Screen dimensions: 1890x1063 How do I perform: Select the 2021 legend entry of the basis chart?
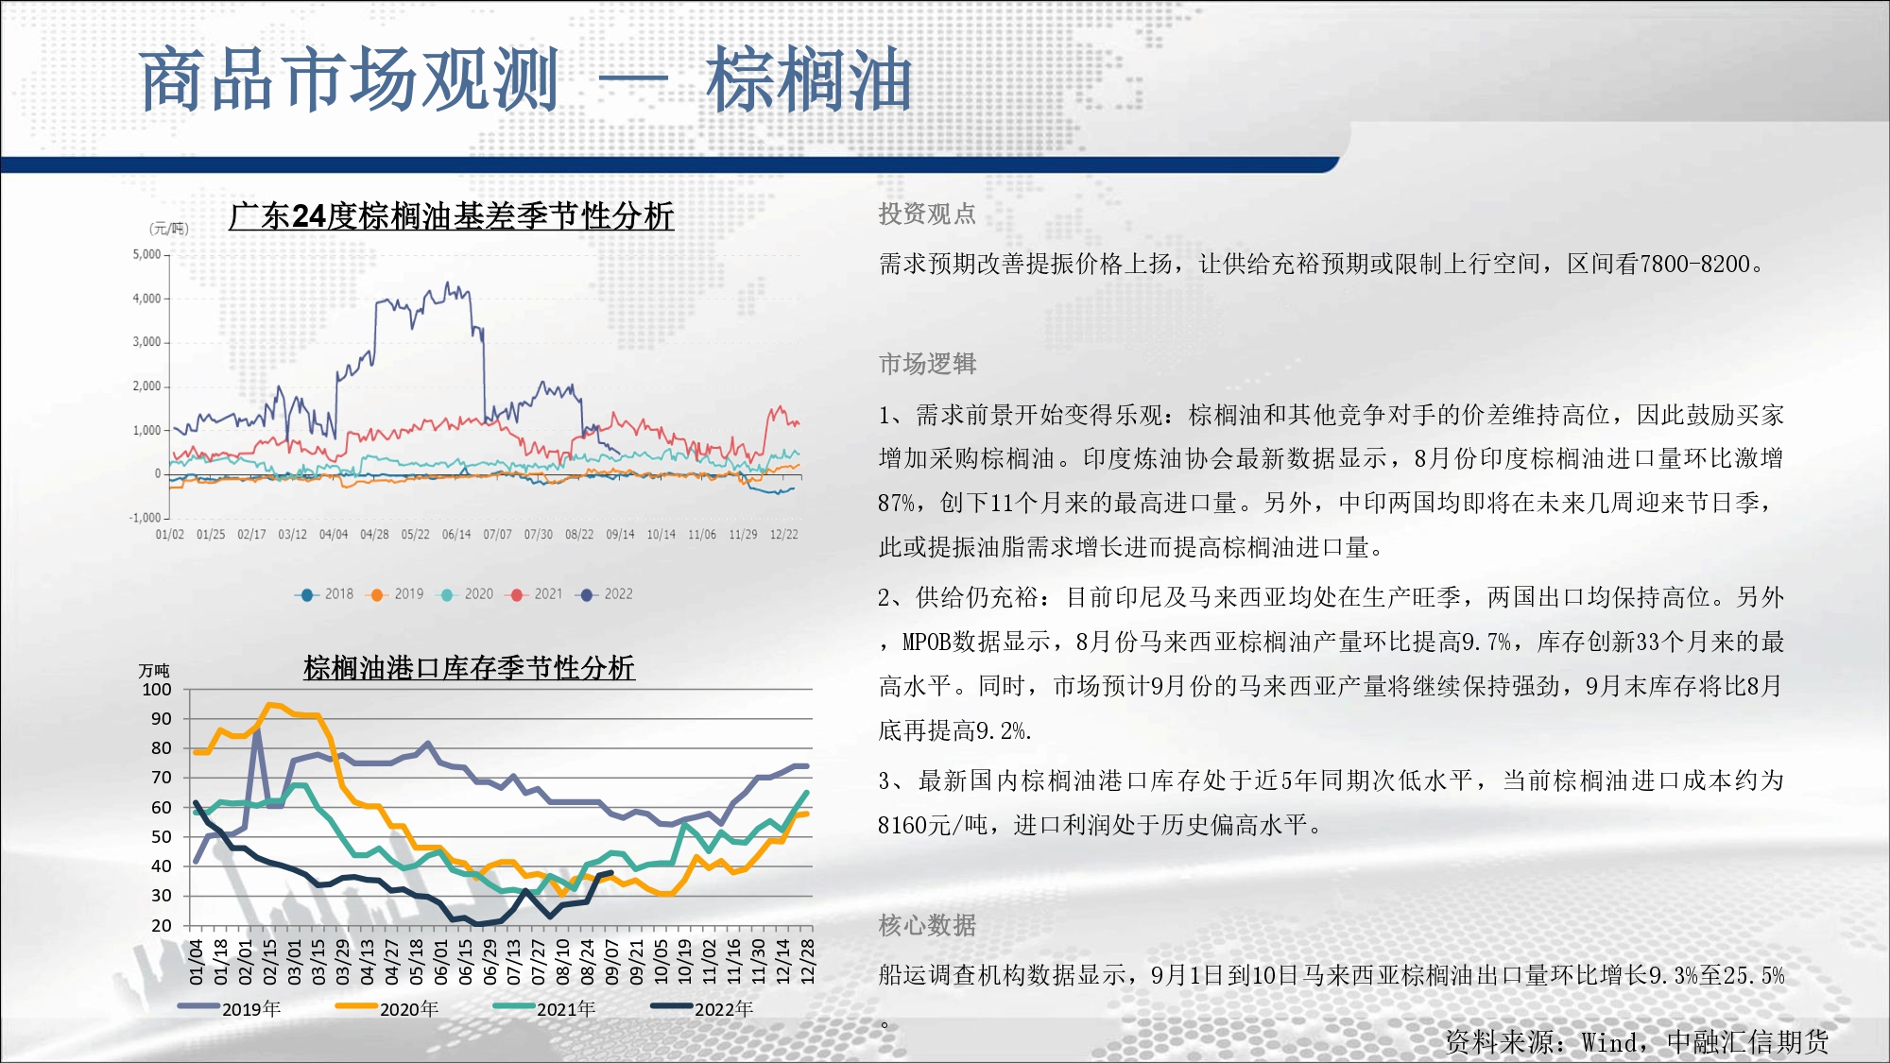click(x=534, y=594)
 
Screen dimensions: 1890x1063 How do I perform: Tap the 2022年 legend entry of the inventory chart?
click(x=702, y=1009)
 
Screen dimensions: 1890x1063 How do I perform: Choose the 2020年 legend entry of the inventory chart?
click(x=387, y=1009)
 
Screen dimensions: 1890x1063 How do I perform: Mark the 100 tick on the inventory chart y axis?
click(x=157, y=690)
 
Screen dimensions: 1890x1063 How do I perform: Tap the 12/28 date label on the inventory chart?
click(x=807, y=961)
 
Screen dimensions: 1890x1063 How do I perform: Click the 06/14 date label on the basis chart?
click(x=456, y=535)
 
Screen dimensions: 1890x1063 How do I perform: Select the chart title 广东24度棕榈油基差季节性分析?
click(x=451, y=216)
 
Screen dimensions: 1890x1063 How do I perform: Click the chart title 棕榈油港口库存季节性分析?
click(x=469, y=668)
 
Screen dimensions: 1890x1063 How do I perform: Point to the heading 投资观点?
click(x=927, y=214)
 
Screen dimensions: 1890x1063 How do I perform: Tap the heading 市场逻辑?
click(x=927, y=364)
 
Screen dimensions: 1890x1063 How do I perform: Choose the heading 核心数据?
click(x=927, y=925)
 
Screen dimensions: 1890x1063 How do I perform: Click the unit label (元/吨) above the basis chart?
click(x=169, y=229)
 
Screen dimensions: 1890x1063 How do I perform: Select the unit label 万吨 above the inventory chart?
click(x=154, y=670)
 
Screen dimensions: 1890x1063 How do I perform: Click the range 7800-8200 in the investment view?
click(x=1695, y=265)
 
